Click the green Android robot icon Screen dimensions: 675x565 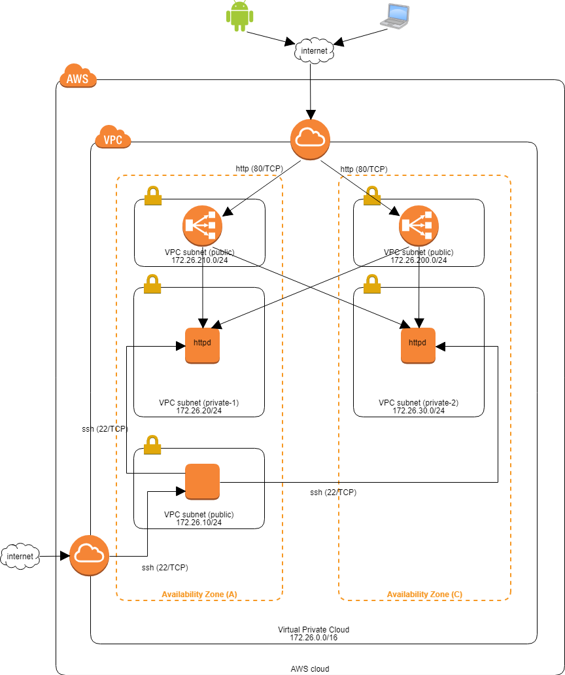point(240,16)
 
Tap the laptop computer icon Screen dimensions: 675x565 point(394,16)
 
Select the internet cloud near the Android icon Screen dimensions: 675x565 point(315,50)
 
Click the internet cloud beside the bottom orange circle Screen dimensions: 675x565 point(20,556)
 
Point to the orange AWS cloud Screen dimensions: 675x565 point(78,77)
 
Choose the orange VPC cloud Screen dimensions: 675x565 point(113,137)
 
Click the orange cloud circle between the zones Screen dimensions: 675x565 point(310,139)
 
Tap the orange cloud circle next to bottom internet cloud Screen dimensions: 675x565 point(89,555)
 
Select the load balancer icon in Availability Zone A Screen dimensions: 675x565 point(202,226)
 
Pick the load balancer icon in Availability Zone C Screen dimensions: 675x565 point(419,226)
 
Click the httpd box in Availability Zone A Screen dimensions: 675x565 point(202,345)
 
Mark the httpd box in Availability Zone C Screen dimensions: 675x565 point(418,345)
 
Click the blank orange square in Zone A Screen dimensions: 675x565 point(202,482)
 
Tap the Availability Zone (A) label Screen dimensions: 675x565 point(199,595)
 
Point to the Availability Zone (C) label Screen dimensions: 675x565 point(424,595)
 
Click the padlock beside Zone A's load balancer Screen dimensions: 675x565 point(153,196)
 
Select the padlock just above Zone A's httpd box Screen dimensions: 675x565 point(152,284)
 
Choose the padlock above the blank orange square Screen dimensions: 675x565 point(152,445)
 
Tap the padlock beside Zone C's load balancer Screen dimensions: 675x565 point(372,196)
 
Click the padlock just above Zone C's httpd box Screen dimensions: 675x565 point(372,284)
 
